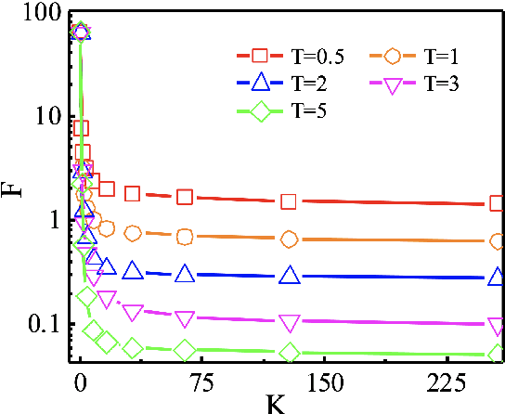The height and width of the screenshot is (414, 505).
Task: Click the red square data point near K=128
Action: (x=290, y=201)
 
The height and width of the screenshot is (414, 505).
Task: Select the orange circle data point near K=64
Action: (x=185, y=237)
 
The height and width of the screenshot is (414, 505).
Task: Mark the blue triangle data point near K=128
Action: (x=290, y=276)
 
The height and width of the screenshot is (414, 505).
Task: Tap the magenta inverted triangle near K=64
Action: (x=185, y=319)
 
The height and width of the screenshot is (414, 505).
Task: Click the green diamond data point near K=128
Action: (x=290, y=353)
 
